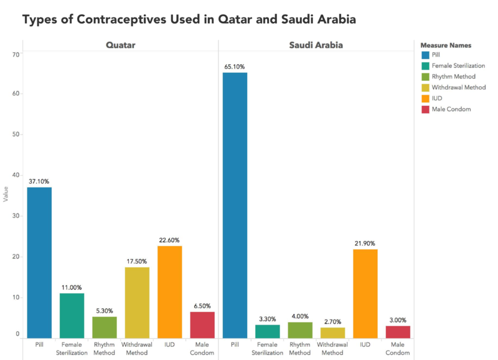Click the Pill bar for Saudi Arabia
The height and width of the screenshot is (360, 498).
tap(235, 206)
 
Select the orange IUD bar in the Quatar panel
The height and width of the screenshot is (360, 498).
tap(169, 292)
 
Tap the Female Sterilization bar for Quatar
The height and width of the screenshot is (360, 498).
tap(72, 316)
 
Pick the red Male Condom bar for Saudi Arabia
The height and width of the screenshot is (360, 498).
tap(398, 332)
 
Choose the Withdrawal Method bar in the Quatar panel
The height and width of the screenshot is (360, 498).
tap(137, 303)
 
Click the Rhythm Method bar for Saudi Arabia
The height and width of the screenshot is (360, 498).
tap(300, 330)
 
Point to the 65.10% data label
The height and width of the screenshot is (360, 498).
tap(235, 67)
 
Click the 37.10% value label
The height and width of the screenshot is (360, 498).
tap(39, 181)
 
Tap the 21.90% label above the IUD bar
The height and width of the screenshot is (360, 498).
tap(365, 244)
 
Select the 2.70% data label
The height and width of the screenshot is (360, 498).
tap(332, 322)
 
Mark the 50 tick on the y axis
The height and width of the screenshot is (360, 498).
tap(16, 135)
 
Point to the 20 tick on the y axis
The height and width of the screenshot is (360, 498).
tap(16, 257)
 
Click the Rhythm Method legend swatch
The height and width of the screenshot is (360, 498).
tap(425, 77)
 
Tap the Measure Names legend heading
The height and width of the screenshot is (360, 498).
tap(446, 45)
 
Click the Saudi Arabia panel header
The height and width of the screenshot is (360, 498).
tap(316, 45)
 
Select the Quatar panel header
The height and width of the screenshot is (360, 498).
tap(121, 45)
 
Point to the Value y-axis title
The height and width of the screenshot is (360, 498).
tap(6, 194)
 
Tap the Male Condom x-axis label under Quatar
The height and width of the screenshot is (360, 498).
tap(202, 349)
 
